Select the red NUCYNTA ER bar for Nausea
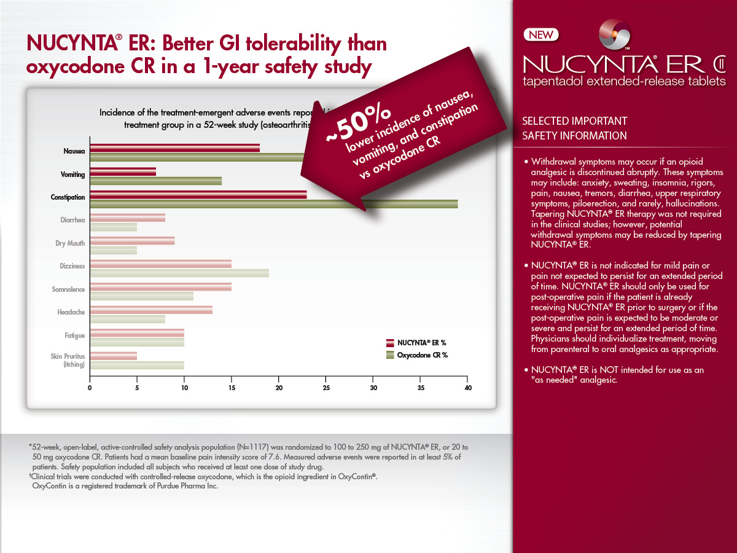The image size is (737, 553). [174, 148]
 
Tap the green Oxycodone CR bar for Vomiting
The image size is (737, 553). [156, 181]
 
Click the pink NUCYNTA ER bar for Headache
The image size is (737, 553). [151, 310]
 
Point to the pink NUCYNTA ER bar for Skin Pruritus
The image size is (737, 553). [114, 356]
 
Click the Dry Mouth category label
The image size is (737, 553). [70, 243]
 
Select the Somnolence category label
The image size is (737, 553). [68, 289]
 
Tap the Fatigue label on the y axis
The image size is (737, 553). [74, 335]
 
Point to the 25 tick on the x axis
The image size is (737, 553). [326, 388]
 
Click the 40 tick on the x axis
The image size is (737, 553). [468, 388]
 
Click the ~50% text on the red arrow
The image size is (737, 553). [358, 124]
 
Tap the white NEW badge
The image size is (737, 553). [541, 34]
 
